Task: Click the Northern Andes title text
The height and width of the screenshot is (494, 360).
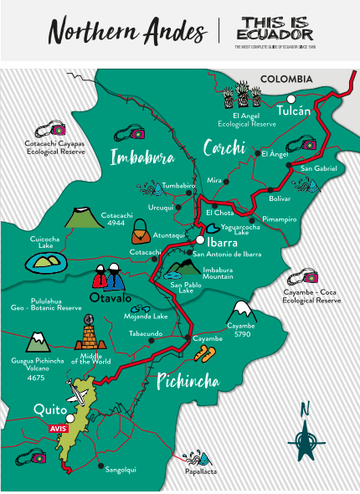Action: tap(126, 31)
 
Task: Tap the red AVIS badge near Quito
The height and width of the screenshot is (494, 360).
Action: tap(59, 428)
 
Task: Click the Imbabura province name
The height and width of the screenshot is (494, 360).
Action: tap(142, 157)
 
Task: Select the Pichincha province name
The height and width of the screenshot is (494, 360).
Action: tap(188, 382)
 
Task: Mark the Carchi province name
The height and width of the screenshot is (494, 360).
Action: tap(224, 148)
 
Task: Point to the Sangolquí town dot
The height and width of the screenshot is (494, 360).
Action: tap(101, 466)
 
